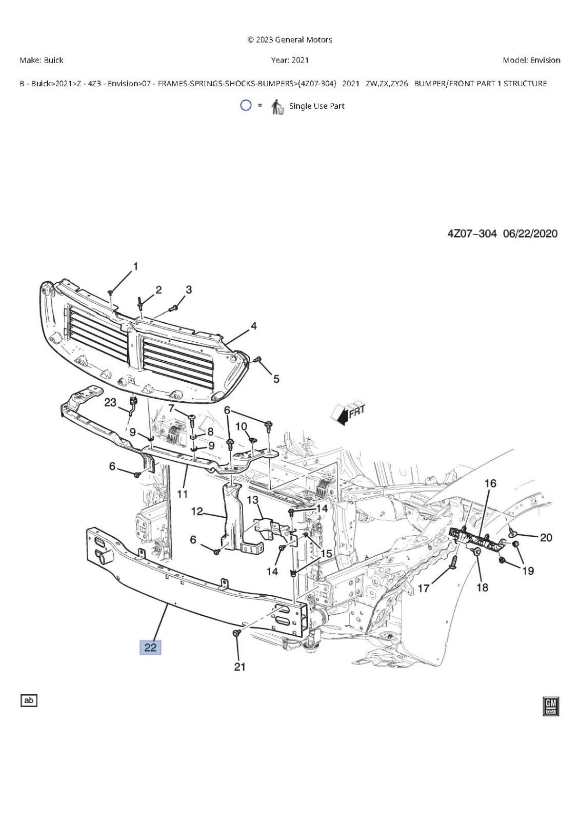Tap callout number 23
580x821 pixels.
pyautogui.click(x=110, y=403)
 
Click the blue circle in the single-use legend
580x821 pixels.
pyautogui.click(x=246, y=106)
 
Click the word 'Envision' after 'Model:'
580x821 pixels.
pyautogui.click(x=545, y=60)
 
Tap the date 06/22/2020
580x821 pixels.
pyautogui.click(x=530, y=233)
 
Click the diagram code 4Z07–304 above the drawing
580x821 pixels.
pyautogui.click(x=472, y=233)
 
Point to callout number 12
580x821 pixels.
pyautogui.click(x=197, y=511)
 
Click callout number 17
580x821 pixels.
pyautogui.click(x=424, y=588)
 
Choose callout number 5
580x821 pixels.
pyautogui.click(x=276, y=379)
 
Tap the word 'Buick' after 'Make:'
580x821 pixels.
pyautogui.click(x=53, y=60)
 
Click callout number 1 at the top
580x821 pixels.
pyautogui.click(x=135, y=266)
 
